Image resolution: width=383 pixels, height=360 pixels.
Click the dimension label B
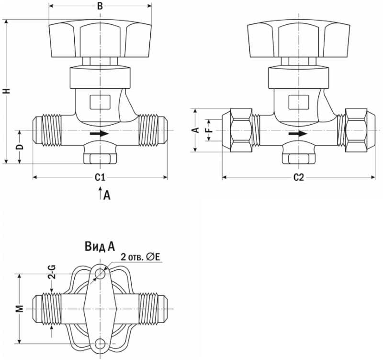point(100,6)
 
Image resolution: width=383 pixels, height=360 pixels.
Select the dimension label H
point(6,91)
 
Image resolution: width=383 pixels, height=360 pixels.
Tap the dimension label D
point(20,146)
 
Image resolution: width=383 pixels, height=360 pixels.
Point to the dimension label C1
point(100,177)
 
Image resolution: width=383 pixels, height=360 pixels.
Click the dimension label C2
point(298,177)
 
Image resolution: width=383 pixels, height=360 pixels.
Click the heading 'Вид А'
point(100,247)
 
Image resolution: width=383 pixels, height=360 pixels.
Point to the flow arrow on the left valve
point(99,134)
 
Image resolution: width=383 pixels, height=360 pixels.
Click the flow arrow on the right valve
point(298,134)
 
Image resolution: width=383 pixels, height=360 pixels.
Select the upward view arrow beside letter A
point(99,193)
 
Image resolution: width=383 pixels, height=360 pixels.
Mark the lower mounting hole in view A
point(100,343)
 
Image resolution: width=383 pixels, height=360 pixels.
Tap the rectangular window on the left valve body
point(100,102)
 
